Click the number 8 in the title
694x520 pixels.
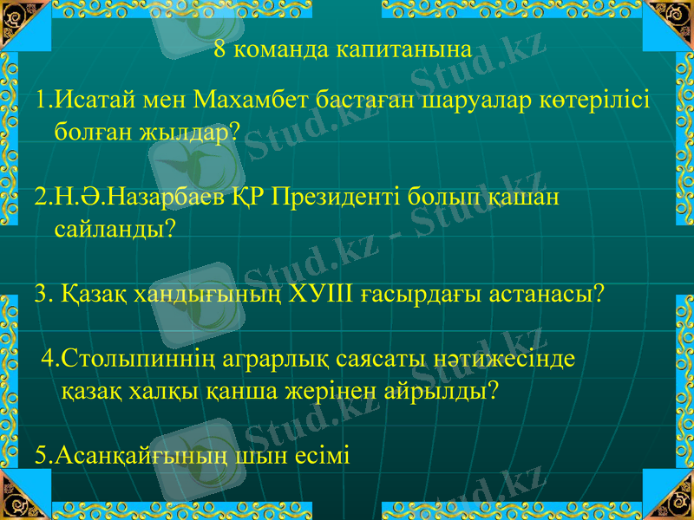point(219,50)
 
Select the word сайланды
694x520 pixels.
point(114,229)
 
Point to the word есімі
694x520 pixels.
point(322,455)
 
